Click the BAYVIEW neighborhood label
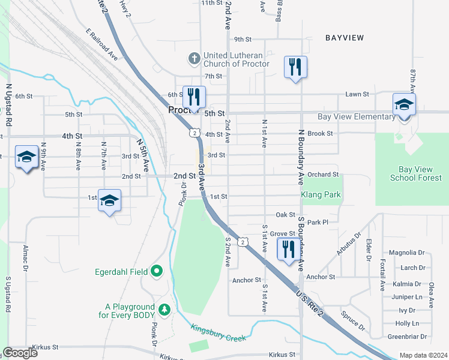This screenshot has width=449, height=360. tap(345, 38)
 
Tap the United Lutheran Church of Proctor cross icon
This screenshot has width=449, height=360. tap(194, 58)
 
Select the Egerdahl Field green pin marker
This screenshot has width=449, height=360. tap(157, 271)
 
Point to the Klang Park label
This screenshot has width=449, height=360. tap(321, 194)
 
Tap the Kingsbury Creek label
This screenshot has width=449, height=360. tap(218, 334)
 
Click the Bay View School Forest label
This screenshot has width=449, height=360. tap(411, 174)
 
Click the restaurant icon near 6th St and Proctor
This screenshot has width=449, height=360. tap(193, 97)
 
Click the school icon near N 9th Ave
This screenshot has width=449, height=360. tap(26, 157)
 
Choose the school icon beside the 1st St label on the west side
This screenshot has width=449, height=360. tap(109, 200)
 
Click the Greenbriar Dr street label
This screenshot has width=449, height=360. tap(407, 337)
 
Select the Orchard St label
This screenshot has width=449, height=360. tap(323, 175)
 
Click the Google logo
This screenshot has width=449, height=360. tap(20, 352)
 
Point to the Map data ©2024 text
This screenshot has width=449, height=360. tap(423, 355)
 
